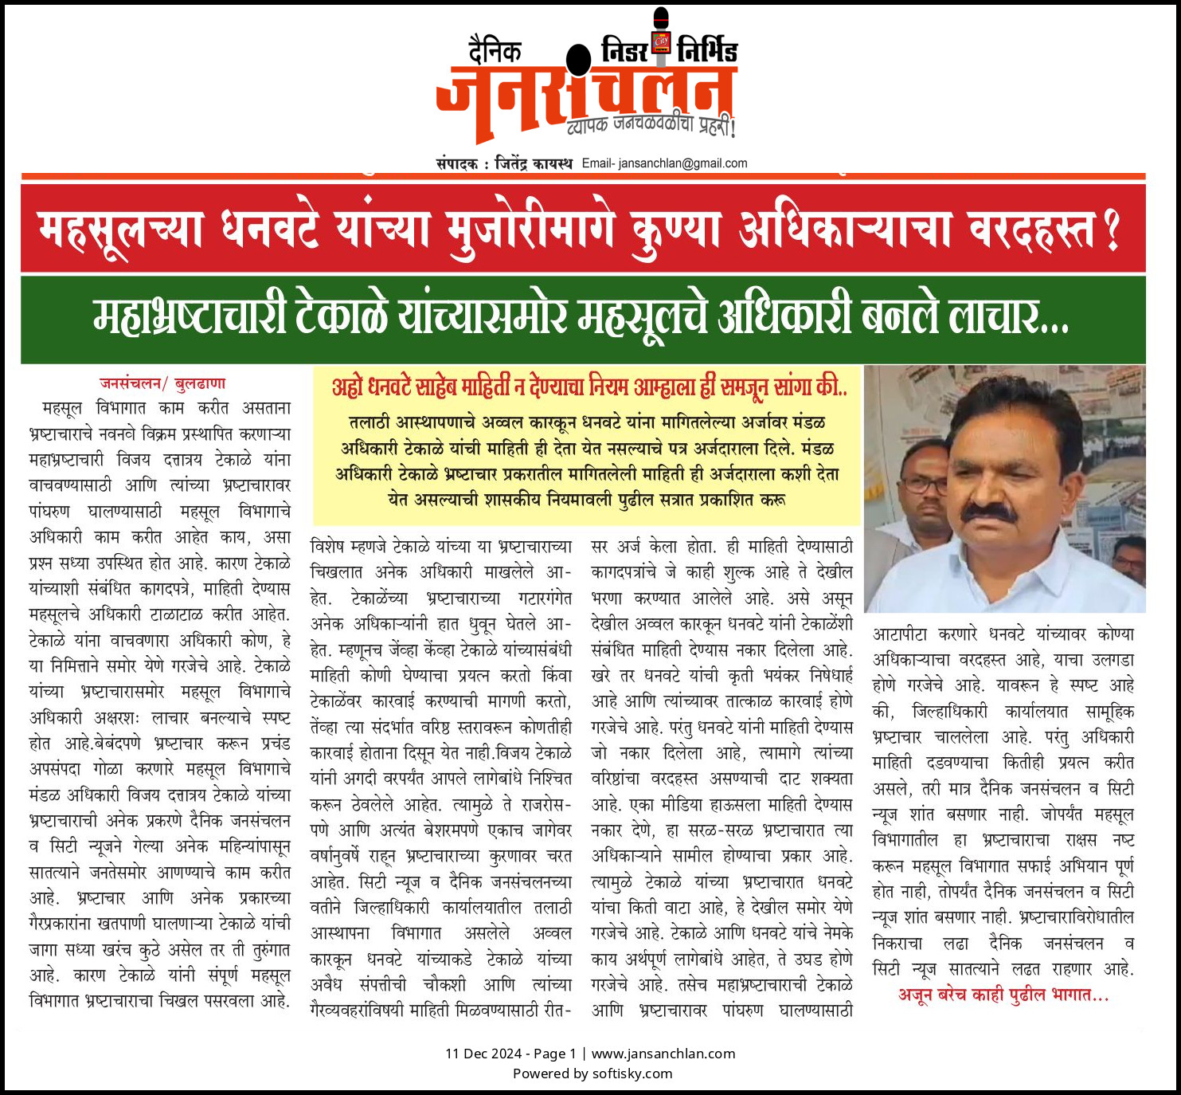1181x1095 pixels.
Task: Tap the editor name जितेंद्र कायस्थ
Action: pyautogui.click(x=533, y=163)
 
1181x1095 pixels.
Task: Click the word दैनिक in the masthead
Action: pyautogui.click(x=495, y=52)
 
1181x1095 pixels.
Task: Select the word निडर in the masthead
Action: pyautogui.click(x=625, y=50)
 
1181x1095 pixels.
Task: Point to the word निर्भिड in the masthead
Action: pyautogui.click(x=707, y=50)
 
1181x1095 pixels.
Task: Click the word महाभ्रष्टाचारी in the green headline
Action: pyautogui.click(x=190, y=318)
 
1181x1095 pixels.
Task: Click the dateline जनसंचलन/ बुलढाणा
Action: pyautogui.click(x=162, y=383)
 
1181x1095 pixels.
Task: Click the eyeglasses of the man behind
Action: pyautogui.click(x=925, y=484)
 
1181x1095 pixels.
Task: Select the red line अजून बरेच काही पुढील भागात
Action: pyautogui.click(x=1003, y=995)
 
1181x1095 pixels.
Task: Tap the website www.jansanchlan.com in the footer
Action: pyautogui.click(x=663, y=1054)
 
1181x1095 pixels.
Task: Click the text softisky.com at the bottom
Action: pyautogui.click(x=632, y=1073)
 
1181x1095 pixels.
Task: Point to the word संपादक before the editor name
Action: pyautogui.click(x=457, y=163)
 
